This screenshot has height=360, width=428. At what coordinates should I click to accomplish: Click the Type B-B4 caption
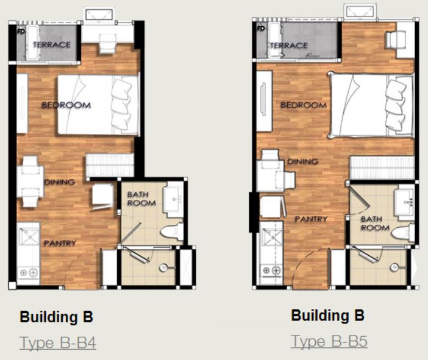coord(57,343)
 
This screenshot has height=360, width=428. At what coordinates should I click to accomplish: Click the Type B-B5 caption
coord(329,341)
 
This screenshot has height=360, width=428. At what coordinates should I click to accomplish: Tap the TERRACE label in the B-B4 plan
coord(52,44)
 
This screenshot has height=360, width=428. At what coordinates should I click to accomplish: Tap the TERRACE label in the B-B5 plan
coord(289,45)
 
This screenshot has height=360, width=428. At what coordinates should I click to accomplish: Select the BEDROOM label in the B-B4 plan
coord(66,105)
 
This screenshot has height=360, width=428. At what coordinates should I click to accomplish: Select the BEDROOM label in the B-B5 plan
coord(304,105)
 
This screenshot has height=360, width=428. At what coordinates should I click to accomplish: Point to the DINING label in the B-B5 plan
coord(303,161)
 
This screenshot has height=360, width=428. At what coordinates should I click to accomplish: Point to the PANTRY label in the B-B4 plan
coord(60,243)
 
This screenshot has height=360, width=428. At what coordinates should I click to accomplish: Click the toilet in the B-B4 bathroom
coord(172,231)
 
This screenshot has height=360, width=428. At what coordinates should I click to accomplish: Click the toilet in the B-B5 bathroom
coord(403,232)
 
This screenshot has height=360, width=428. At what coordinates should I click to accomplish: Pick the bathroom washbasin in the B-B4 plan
coord(173,199)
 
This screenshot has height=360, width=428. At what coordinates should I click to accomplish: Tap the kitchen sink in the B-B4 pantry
coord(29,237)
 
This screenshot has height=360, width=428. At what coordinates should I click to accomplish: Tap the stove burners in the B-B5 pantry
coord(272,270)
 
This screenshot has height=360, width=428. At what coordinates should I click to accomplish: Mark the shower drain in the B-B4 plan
coord(163,267)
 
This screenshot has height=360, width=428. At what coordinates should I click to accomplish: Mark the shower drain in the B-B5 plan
coord(394,267)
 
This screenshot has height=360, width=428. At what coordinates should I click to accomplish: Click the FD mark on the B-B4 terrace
coord(21,31)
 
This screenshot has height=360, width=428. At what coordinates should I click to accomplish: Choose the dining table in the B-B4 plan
coord(30,182)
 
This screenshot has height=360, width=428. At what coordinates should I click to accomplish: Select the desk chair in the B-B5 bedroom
coord(394,40)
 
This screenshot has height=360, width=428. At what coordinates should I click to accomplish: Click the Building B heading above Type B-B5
coord(328,316)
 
